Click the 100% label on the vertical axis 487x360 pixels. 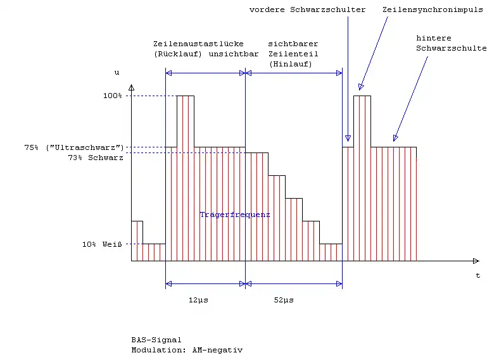112,96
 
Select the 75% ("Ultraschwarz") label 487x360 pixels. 73,147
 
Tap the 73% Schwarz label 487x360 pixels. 95,158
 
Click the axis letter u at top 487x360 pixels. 117,73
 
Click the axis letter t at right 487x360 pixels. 478,276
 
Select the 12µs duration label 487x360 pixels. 198,299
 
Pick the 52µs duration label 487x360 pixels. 283,299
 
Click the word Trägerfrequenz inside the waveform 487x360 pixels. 235,215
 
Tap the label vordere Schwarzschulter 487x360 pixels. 307,10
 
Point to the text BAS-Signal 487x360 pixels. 156,340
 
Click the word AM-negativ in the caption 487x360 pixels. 217,349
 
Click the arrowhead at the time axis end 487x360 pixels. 476,261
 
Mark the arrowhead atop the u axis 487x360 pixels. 131,87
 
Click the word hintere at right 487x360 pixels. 434,38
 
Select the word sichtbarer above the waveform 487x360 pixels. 293,44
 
